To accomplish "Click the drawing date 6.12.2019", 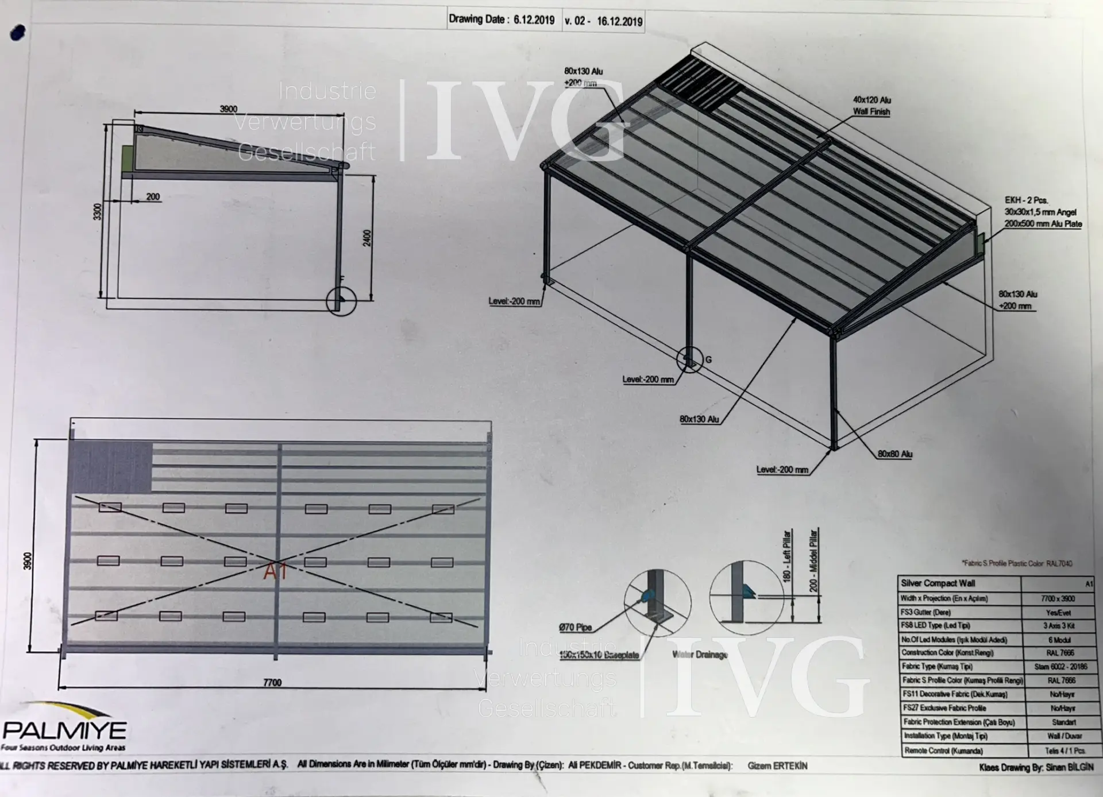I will coord(534,20).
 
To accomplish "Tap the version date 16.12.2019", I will coord(619,22).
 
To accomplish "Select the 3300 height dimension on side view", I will coord(98,211).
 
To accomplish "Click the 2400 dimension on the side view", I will coord(367,238).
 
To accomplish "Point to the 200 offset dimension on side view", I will coord(153,197).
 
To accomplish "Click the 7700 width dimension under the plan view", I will coord(272,683).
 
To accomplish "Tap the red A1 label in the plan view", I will coord(275,572).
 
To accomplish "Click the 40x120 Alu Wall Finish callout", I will coord(871,106).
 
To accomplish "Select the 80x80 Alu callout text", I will coord(894,454).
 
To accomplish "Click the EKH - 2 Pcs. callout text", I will coord(1026,200).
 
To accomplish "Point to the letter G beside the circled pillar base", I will coord(708,360).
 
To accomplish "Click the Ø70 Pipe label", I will coord(575,627).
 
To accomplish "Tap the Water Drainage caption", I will coord(700,655).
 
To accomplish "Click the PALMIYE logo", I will coord(64,729).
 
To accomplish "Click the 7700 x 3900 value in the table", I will coord(1058,598).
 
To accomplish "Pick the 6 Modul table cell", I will coord(1058,640).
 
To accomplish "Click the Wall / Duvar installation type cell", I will coord(1064,736).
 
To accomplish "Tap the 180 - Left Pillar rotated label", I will coord(787,555).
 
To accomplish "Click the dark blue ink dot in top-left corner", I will coord(18,33).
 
